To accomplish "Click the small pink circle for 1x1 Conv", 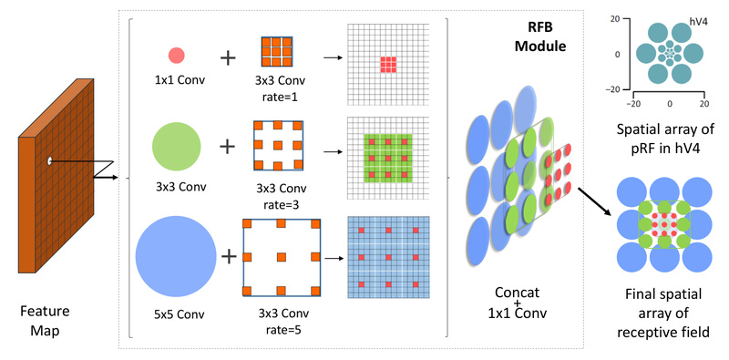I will point(177,56).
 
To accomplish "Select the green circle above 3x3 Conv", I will point(177,146).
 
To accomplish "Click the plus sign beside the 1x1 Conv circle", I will point(227,57).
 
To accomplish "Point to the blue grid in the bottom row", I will point(387,256).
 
